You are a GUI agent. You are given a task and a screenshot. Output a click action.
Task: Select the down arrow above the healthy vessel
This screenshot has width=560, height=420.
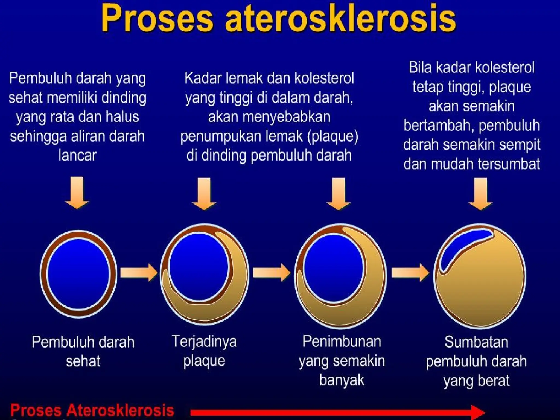[x=77, y=193]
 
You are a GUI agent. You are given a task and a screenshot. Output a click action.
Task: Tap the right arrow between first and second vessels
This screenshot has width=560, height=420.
[x=138, y=273]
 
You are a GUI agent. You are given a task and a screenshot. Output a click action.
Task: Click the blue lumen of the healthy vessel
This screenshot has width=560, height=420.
[x=78, y=273]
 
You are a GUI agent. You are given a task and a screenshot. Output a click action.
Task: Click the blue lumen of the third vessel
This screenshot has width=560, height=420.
[x=333, y=268]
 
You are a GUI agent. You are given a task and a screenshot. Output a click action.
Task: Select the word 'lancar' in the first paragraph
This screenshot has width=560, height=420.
[x=78, y=155]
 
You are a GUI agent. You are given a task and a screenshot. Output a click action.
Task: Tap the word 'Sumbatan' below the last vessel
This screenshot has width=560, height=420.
[x=476, y=342]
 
